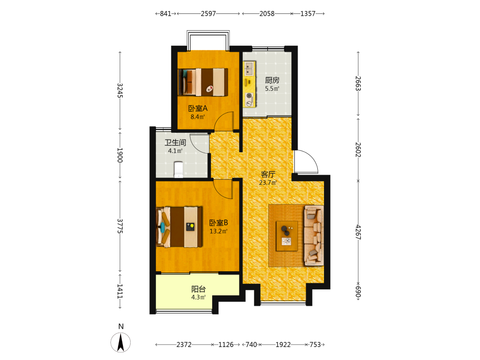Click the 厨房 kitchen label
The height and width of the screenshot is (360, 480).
point(272,80)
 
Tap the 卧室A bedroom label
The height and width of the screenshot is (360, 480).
point(198,108)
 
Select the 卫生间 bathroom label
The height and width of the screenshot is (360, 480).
point(175,143)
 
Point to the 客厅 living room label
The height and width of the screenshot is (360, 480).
point(268,175)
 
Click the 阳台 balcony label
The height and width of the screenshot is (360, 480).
point(198,289)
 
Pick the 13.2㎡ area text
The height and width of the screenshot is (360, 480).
point(218,231)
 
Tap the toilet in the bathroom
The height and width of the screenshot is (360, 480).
point(179,169)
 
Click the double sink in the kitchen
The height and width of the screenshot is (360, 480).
point(249,69)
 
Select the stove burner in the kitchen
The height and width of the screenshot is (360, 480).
point(249,96)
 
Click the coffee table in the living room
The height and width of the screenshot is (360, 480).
point(287,236)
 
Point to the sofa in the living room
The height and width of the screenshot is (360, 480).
point(314,235)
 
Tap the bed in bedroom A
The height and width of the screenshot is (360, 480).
point(203,82)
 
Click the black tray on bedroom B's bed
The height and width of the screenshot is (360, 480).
point(191,227)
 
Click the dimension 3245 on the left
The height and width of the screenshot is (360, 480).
point(120,91)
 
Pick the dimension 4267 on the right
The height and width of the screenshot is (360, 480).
point(358,232)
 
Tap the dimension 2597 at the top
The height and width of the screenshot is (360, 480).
point(208,13)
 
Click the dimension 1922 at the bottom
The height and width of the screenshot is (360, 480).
point(283,345)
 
